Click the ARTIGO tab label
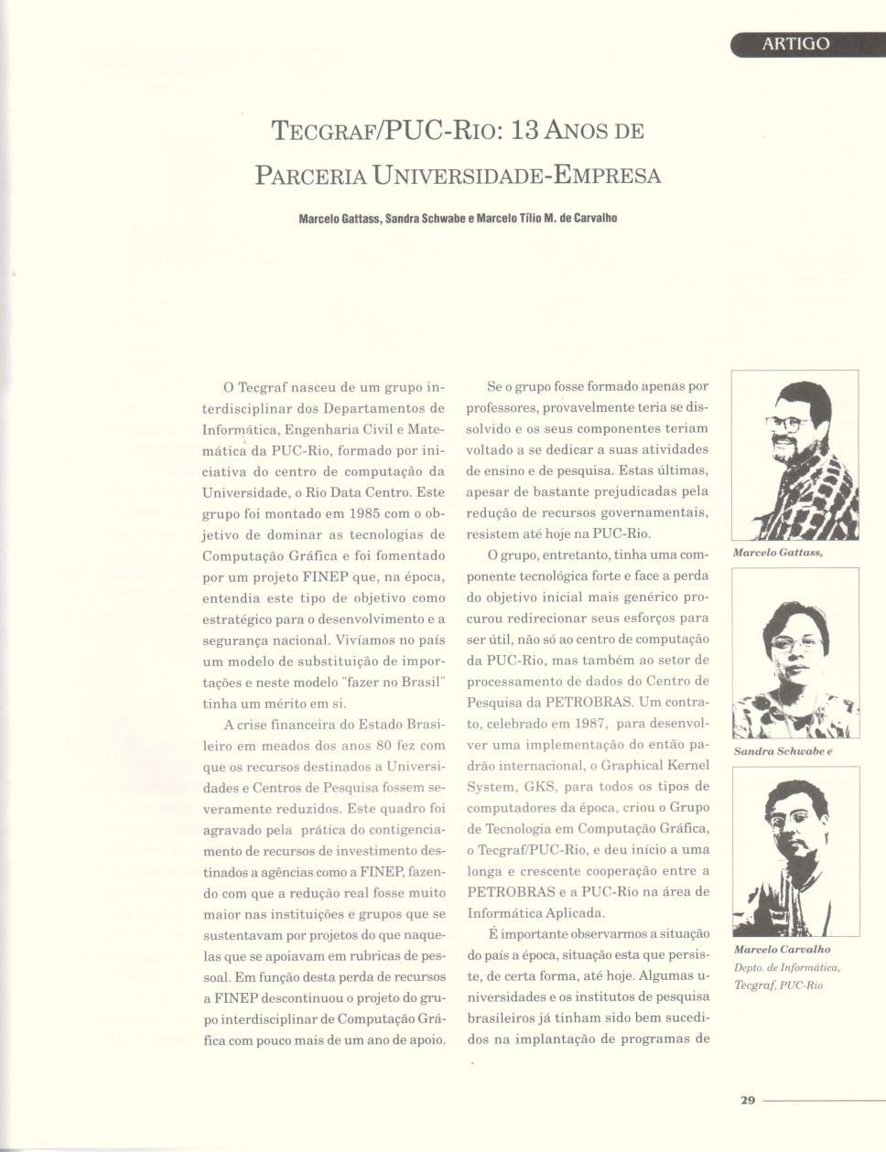click(x=795, y=44)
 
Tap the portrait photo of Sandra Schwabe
click(x=795, y=652)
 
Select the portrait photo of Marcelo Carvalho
click(x=795, y=851)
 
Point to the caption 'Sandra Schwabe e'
click(x=783, y=751)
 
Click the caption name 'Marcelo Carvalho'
click(x=782, y=949)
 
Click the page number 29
click(x=747, y=1100)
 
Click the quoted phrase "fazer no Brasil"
click(x=389, y=682)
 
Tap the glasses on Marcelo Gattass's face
click(x=787, y=423)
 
